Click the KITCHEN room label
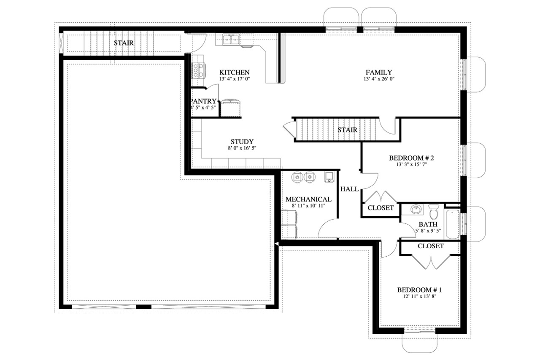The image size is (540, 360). click(x=234, y=73)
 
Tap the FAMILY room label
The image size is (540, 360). click(x=378, y=73)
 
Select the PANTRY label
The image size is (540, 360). click(x=204, y=101)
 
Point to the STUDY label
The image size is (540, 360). click(x=242, y=142)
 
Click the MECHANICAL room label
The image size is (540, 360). click(x=308, y=199)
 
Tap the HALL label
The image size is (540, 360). click(x=349, y=189)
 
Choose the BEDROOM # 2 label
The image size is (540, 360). click(x=411, y=158)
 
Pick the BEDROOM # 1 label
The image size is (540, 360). click(x=419, y=290)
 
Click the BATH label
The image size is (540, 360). click(x=428, y=224)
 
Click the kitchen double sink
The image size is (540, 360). click(x=231, y=40)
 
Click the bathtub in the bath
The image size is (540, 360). click(x=452, y=223)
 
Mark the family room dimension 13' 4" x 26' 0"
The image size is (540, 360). click(x=378, y=79)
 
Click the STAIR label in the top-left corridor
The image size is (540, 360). click(x=124, y=43)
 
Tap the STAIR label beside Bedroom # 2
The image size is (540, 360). click(x=347, y=130)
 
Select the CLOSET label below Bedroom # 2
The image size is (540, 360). click(x=381, y=208)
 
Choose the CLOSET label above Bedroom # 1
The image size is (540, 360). click(x=430, y=246)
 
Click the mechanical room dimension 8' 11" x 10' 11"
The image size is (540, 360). click(x=308, y=206)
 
